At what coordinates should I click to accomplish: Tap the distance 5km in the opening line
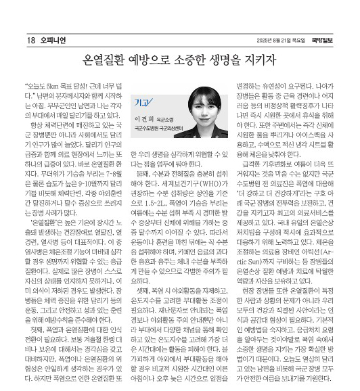[x=60, y=88]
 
